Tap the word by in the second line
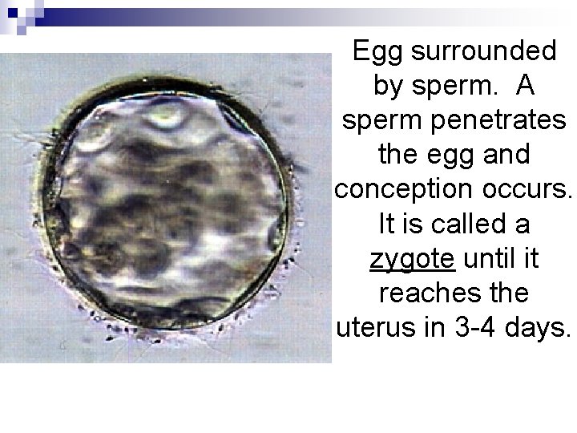(x=389, y=86)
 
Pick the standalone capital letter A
(x=527, y=86)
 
